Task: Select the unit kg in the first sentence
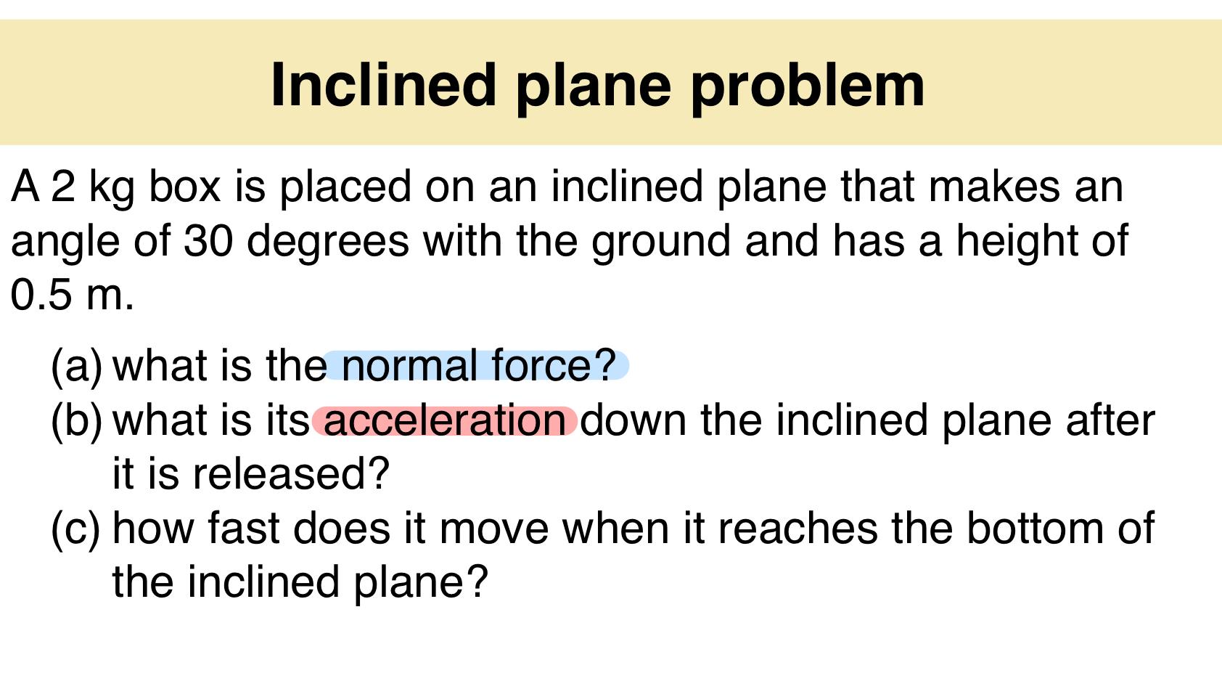(x=112, y=187)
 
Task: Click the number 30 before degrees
(x=208, y=240)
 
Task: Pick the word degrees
(x=328, y=242)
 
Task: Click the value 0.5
(x=41, y=295)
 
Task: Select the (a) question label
(x=77, y=365)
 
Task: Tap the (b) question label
(x=77, y=420)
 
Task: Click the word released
(x=291, y=473)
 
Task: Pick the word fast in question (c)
(x=243, y=528)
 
